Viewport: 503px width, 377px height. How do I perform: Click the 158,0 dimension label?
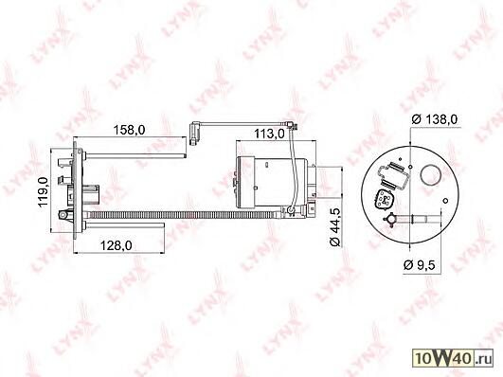(x=129, y=130)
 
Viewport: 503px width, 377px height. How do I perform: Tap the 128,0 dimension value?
(x=117, y=245)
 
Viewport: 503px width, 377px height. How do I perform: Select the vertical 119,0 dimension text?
(x=44, y=192)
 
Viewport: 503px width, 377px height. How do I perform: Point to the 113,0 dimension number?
(x=269, y=134)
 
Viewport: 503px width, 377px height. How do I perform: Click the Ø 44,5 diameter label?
(x=335, y=226)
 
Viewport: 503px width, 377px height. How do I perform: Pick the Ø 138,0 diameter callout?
(x=435, y=119)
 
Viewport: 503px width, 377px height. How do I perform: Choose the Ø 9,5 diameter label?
(x=419, y=265)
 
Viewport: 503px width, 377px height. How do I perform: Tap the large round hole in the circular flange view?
(x=430, y=175)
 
